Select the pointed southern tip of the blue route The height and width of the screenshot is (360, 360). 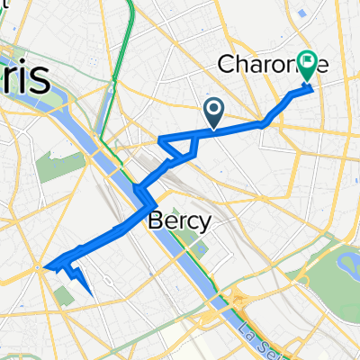pos(92,292)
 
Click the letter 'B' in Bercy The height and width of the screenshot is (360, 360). pos(152,221)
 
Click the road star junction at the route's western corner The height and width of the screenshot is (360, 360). pos(42,266)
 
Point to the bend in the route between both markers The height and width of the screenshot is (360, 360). pos(263,121)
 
